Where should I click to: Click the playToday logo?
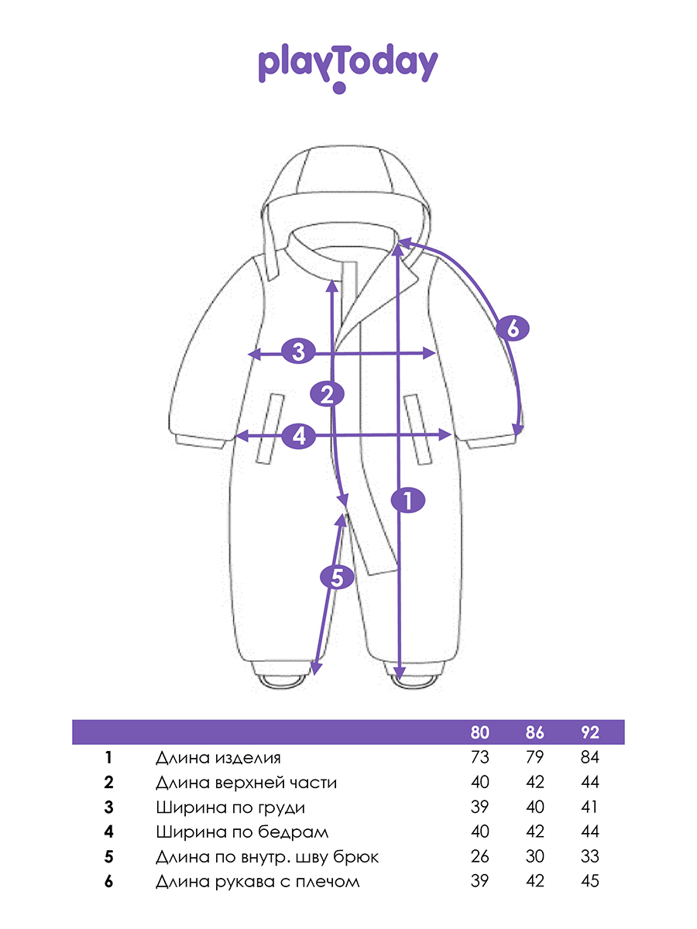[348, 67]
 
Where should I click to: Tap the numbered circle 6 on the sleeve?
[513, 328]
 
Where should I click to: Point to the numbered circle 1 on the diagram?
[408, 500]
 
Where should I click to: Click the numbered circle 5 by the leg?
[337, 578]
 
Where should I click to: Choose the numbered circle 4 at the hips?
[299, 436]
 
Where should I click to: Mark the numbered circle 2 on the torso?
[327, 395]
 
